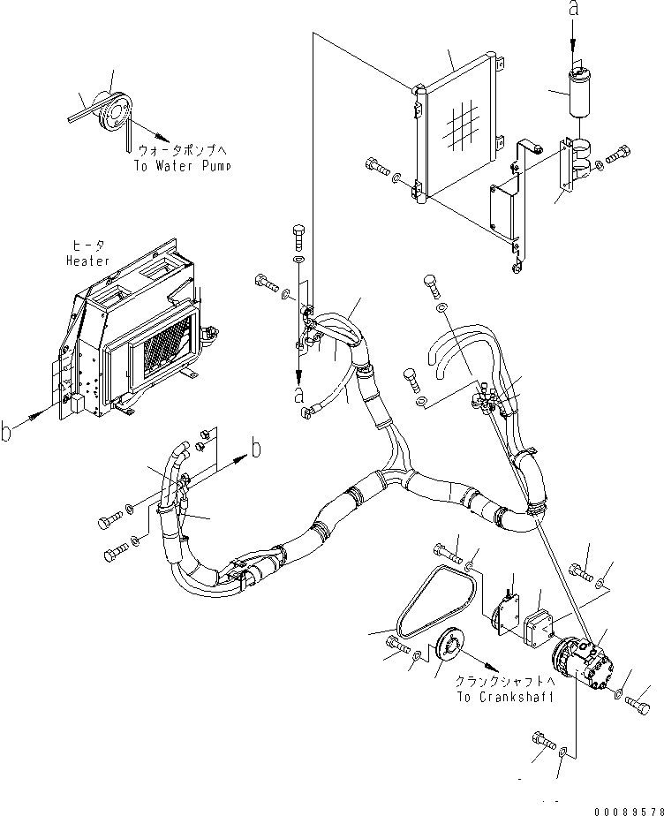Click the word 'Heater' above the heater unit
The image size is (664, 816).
click(87, 261)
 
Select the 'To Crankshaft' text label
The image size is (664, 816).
click(505, 696)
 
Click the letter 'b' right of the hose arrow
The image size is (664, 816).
click(256, 447)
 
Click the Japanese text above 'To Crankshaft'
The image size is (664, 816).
click(505, 683)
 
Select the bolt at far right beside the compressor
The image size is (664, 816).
click(639, 703)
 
